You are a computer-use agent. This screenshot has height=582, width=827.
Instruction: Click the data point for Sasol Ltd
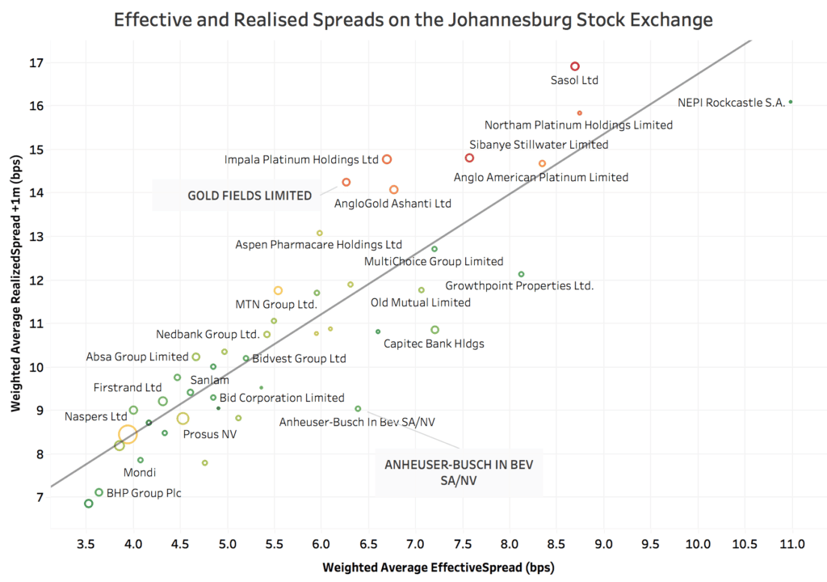(x=575, y=66)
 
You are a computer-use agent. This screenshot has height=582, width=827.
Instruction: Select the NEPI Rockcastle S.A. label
(x=732, y=103)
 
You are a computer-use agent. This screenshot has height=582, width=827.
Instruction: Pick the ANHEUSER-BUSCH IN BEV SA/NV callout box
(x=458, y=474)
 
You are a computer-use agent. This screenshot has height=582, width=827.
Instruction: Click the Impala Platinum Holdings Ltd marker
(x=387, y=159)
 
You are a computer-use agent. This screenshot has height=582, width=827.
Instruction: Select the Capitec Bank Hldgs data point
(x=435, y=330)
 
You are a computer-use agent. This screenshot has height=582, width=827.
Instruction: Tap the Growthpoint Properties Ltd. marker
(x=521, y=275)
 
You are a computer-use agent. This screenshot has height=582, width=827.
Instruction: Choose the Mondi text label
(x=140, y=473)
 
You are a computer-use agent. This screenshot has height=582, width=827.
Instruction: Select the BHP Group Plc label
(x=141, y=492)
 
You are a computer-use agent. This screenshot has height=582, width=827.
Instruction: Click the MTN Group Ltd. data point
(x=278, y=291)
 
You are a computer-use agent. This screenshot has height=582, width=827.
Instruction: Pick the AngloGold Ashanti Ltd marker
(x=394, y=190)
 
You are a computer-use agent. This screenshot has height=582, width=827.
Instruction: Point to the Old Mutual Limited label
(x=420, y=303)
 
